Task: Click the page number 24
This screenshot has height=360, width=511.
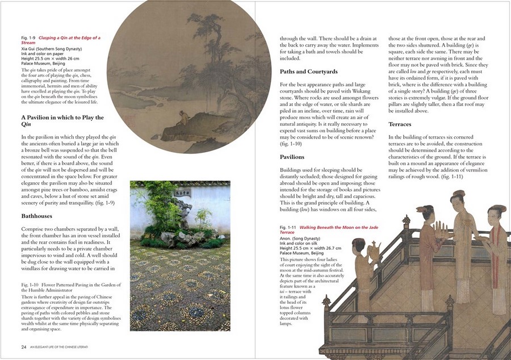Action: pos(24,346)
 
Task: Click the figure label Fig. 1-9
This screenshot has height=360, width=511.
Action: pos(28,38)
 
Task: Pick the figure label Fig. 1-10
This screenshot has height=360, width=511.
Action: pos(31,284)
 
